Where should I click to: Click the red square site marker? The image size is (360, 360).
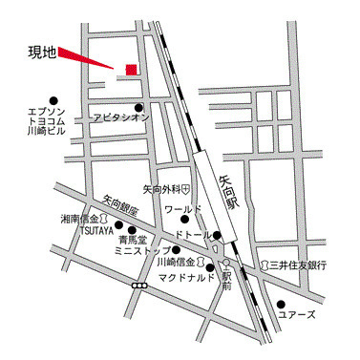(x=131, y=69)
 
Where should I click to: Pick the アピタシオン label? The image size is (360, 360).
(x=121, y=116)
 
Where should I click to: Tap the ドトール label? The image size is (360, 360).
(x=194, y=235)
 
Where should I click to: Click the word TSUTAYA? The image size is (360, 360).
(x=95, y=230)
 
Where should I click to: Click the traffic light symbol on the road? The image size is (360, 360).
(x=140, y=285)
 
